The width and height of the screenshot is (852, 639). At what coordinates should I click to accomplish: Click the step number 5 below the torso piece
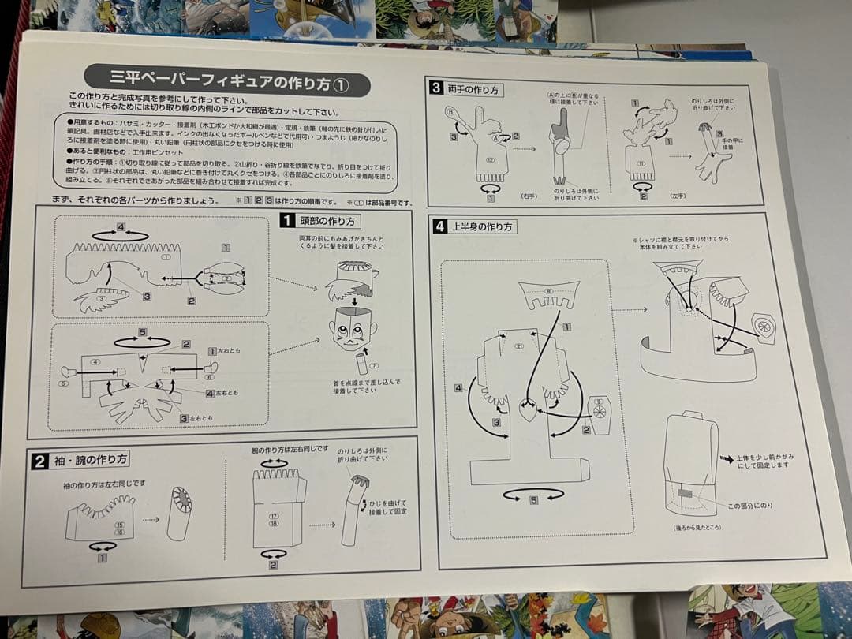[x=535, y=499]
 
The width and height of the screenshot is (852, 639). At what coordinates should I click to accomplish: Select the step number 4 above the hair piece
[x=121, y=228]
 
